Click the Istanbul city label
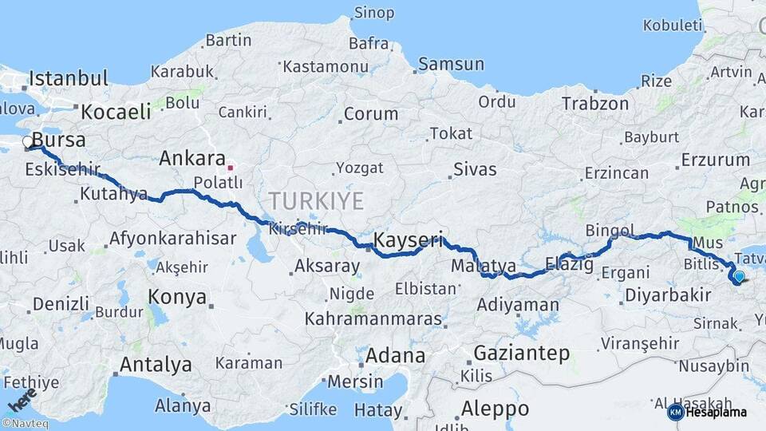coord(68,78)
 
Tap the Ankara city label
coord(192,158)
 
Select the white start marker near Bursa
coord(28,143)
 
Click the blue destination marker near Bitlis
coord(739,277)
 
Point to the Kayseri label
coord(408,239)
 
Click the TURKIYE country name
coord(316,200)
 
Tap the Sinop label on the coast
coord(373,13)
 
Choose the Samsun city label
coord(451,65)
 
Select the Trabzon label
coord(595,104)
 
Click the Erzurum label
coord(716,160)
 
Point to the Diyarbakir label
coord(668,295)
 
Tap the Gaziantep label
coord(522,353)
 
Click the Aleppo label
coord(495,409)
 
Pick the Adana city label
coord(395,355)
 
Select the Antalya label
coord(156,365)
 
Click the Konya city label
coord(177,297)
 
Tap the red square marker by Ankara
coord(231,168)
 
